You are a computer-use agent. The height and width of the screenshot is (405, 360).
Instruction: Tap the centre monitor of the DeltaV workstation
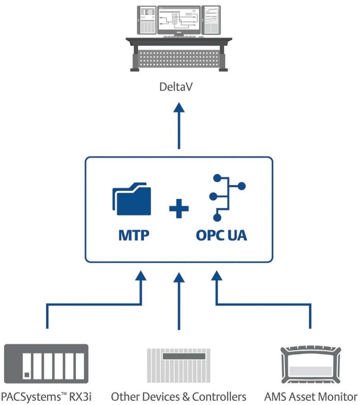[179, 20]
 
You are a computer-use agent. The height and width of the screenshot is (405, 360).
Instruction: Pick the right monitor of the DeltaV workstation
[212, 20]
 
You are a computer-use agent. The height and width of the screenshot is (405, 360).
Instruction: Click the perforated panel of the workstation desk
[179, 58]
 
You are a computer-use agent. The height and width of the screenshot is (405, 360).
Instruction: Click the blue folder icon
[131, 201]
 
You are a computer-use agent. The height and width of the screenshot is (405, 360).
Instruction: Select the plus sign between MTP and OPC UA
[179, 210]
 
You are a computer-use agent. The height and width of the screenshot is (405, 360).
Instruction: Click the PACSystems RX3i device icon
[46, 363]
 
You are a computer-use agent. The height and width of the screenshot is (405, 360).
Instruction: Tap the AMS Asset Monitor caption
[310, 396]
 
